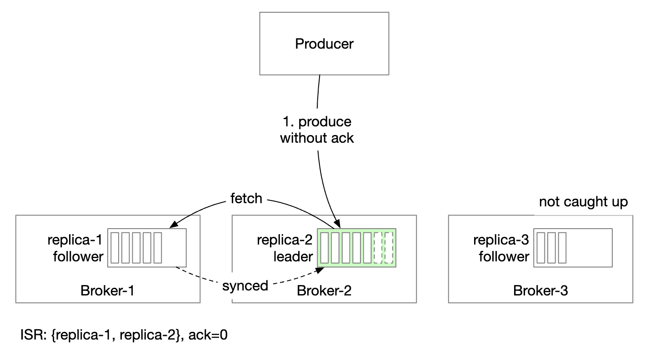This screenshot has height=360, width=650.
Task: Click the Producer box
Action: pos(324,44)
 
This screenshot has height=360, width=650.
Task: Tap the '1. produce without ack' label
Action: pos(317,130)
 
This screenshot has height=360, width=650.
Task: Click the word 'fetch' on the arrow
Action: pos(246,199)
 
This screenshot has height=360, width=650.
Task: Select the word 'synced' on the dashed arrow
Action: pos(245,286)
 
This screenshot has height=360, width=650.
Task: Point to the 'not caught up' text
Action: pos(583,202)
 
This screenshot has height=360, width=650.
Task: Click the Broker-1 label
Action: pos(107,290)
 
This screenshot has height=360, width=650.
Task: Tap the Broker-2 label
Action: pos(324,290)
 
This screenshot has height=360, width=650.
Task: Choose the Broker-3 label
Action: pos(540,290)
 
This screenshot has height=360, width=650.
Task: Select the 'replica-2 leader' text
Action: pos(285,248)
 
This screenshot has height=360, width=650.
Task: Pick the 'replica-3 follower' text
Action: pos(501,248)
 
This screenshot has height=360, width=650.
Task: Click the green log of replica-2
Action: pos(357,248)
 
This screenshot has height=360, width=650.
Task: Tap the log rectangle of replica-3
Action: pos(573,248)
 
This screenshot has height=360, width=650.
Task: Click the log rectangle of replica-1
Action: pos(147,248)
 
